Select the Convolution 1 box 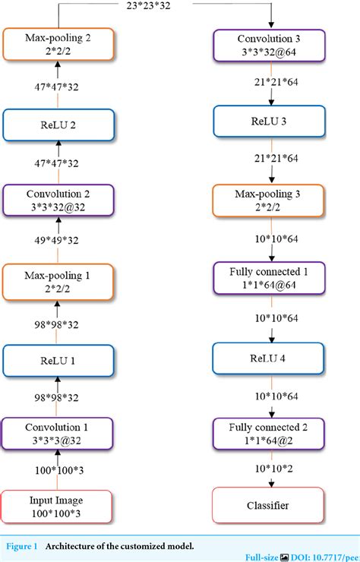pyautogui.click(x=58, y=433)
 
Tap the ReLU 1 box pyautogui.click(x=58, y=361)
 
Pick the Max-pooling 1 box pyautogui.click(x=58, y=280)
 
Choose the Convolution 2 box pyautogui.click(x=58, y=200)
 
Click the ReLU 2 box pyautogui.click(x=58, y=125)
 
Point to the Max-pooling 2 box pyautogui.click(x=58, y=44)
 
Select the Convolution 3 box pyautogui.click(x=270, y=44)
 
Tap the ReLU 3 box pyautogui.click(x=270, y=121)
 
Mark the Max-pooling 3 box pyautogui.click(x=270, y=200)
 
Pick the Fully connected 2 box pyautogui.click(x=270, y=433)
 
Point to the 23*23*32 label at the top pyautogui.click(x=160, y=7)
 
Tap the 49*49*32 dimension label pyautogui.click(x=58, y=241)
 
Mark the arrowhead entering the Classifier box pyautogui.click(x=270, y=485)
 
